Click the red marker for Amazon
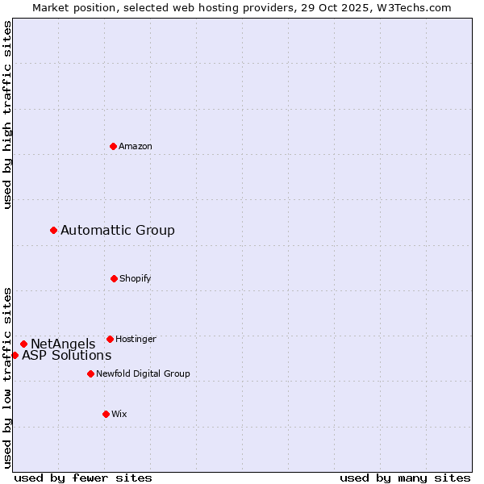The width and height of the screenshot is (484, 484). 114,146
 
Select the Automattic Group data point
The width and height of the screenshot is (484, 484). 54,231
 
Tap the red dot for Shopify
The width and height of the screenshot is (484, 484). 114,278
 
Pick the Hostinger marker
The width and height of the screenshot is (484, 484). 111,339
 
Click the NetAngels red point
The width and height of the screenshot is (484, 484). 23,344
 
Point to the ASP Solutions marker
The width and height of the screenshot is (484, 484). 15,355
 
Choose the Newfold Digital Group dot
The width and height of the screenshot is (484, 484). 90,373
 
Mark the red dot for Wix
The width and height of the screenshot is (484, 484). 106,414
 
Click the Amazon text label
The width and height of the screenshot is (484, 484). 136,146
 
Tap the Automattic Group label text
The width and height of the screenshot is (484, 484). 118,231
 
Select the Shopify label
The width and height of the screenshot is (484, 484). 136,278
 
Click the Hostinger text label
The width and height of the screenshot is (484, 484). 136,339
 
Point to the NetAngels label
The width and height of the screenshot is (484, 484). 63,344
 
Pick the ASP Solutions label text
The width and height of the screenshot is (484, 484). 67,356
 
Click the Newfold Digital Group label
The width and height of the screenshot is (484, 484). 144,373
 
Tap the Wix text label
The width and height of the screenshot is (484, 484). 119,414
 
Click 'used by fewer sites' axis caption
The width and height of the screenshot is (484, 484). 83,478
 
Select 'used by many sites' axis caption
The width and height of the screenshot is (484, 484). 405,478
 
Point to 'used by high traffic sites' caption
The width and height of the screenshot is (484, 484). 7,115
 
